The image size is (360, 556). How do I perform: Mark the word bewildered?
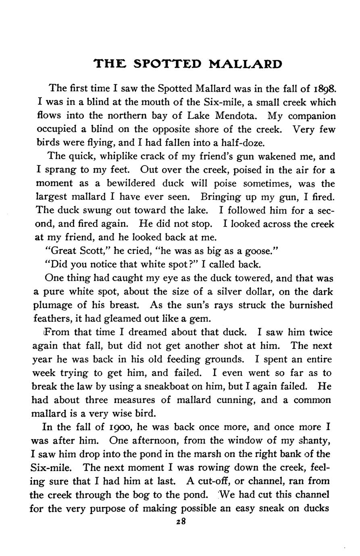coord(131,184)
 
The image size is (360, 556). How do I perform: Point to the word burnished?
coord(311,305)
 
